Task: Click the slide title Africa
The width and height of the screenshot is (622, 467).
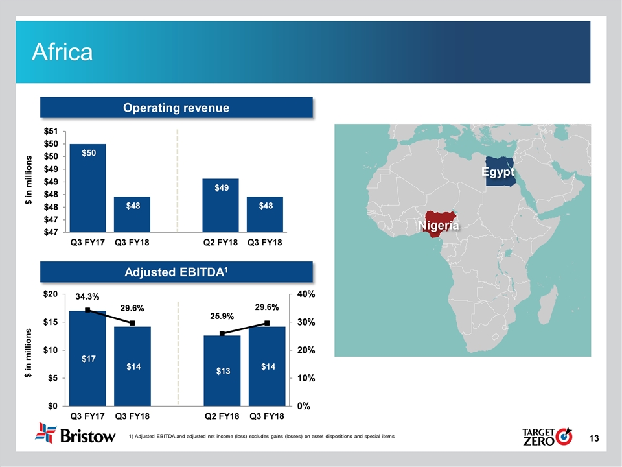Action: pyautogui.click(x=63, y=53)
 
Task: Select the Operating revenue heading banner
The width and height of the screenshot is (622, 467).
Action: pyautogui.click(x=177, y=108)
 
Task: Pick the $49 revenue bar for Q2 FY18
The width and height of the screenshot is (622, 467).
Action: pyautogui.click(x=221, y=204)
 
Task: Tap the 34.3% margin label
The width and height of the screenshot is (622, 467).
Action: pyautogui.click(x=87, y=296)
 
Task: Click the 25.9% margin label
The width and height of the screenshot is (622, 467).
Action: pyautogui.click(x=222, y=317)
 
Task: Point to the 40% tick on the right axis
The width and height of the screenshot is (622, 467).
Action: pyautogui.click(x=306, y=294)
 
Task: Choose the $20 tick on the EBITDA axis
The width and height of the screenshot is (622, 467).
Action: pyautogui.click(x=51, y=294)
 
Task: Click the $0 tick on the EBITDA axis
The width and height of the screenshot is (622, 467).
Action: pyautogui.click(x=53, y=406)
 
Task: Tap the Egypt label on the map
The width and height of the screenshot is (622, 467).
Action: pyautogui.click(x=498, y=173)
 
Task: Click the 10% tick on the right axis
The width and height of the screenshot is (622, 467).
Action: pyautogui.click(x=306, y=378)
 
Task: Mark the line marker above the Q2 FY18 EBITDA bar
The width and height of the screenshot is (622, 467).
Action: pyautogui.click(x=222, y=333)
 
